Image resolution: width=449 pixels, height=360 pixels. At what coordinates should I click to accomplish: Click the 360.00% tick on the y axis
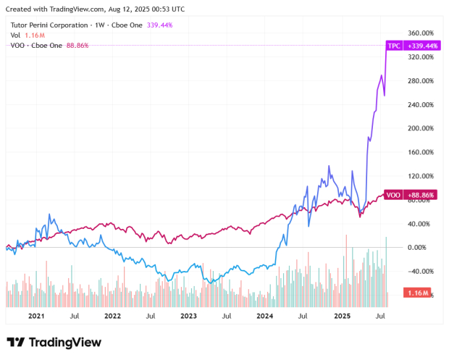420,33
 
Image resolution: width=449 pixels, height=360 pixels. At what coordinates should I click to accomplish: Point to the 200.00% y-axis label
420,128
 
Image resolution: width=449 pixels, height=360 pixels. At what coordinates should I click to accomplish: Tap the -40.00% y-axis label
420,271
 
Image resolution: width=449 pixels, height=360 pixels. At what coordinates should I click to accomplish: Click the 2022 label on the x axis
112,316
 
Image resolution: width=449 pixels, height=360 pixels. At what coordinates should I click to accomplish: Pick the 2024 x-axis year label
264,316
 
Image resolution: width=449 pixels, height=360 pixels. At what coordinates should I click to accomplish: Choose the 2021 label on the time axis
36,316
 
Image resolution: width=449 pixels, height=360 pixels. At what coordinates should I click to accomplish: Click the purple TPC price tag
394,45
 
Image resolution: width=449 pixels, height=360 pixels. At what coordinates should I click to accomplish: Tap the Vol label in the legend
15,35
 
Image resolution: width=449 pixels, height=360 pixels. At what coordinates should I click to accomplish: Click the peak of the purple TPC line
387,45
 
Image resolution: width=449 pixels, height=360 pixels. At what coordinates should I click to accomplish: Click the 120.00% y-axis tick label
420,176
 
